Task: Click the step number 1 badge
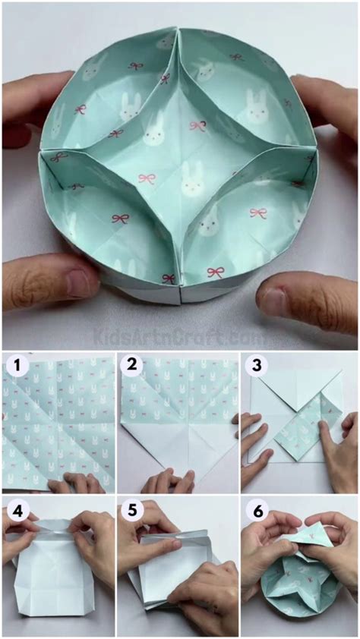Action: [14, 367]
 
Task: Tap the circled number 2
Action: [133, 367]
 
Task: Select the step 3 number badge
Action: [254, 367]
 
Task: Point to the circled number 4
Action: [14, 509]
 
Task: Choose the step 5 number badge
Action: [133, 509]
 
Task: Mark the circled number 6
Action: [254, 509]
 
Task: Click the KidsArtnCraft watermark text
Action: [180, 335]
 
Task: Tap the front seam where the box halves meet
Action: [180, 292]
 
